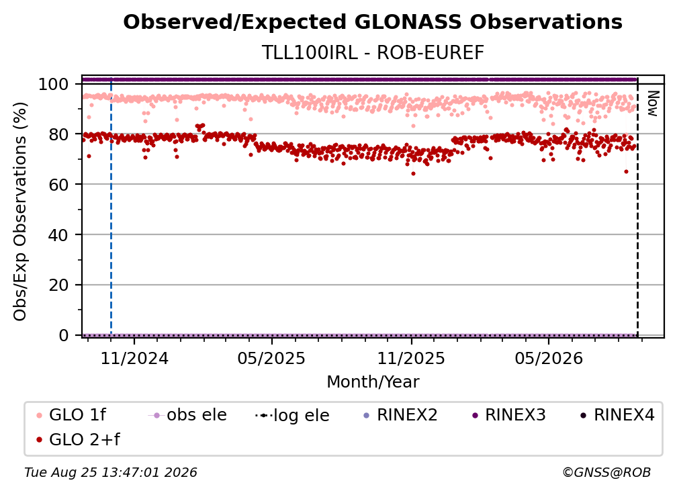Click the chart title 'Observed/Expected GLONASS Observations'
click(x=373, y=22)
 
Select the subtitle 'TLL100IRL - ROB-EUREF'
click(x=373, y=53)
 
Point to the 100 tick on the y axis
click(x=53, y=84)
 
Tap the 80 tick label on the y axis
click(x=58, y=134)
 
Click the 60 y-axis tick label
click(x=58, y=184)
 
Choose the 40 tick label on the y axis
click(x=58, y=235)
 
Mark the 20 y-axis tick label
click(x=58, y=285)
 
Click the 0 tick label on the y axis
click(x=63, y=335)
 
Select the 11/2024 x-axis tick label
click(x=134, y=358)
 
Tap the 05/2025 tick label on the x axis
click(x=271, y=358)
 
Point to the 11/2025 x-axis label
click(x=411, y=358)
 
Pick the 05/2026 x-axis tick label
click(x=549, y=358)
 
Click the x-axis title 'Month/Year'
click(x=373, y=382)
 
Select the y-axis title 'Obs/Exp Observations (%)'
click(x=20, y=211)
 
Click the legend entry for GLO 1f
click(x=71, y=415)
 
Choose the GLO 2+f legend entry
click(x=78, y=439)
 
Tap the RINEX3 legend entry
click(x=509, y=415)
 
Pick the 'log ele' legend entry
click(x=292, y=415)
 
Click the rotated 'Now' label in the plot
click(x=652, y=103)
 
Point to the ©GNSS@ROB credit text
click(x=606, y=472)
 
